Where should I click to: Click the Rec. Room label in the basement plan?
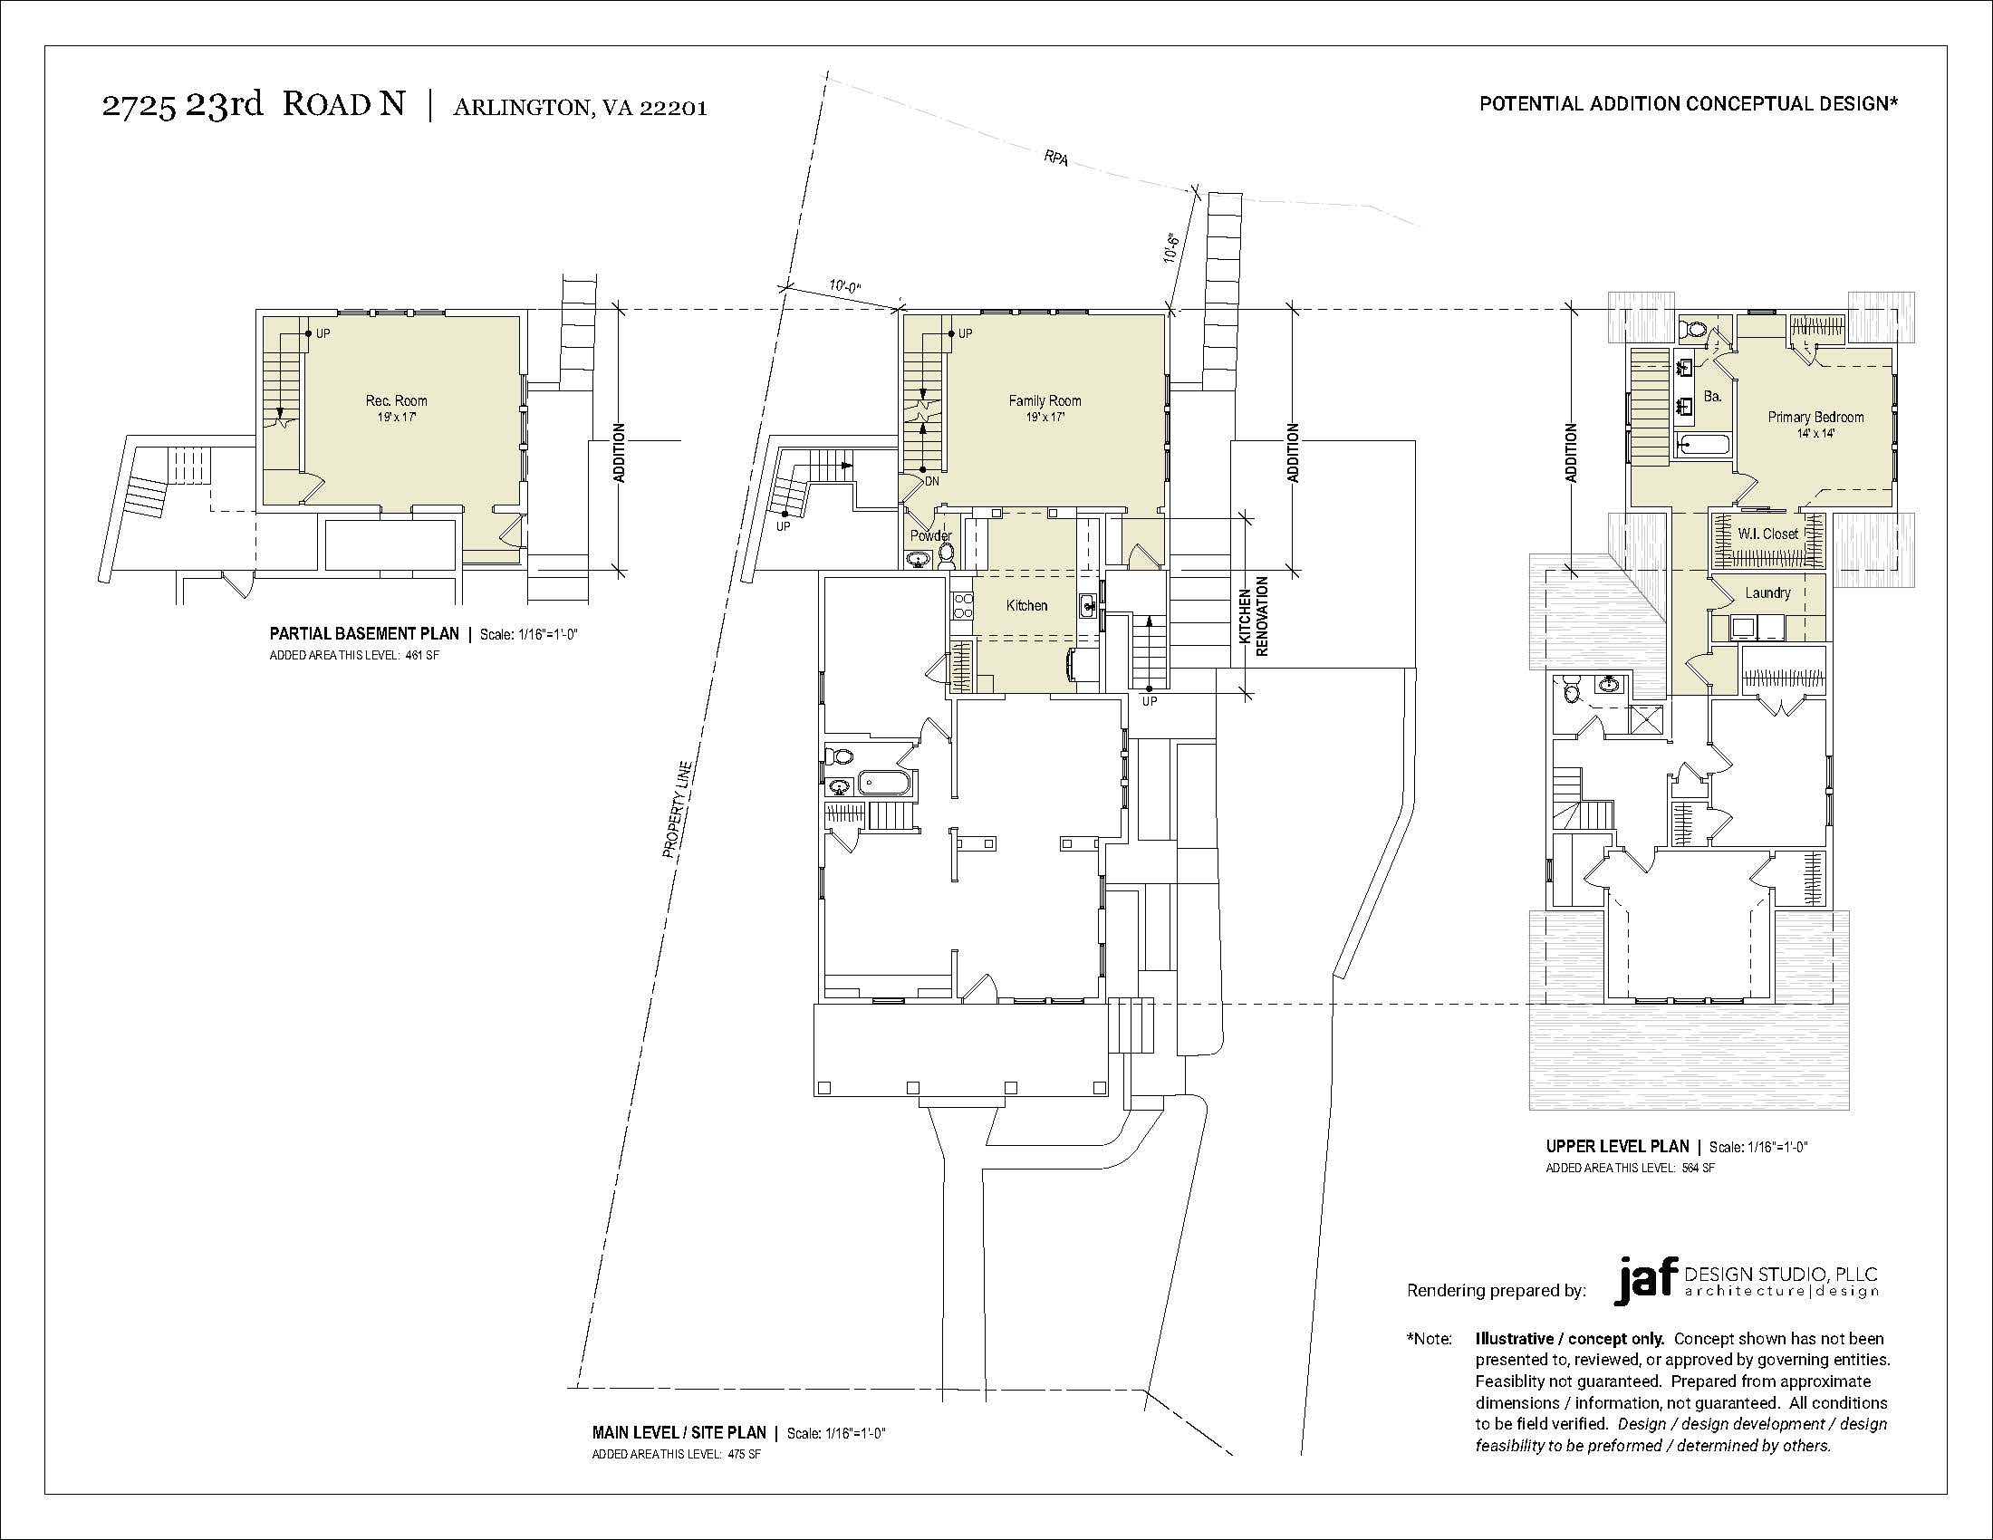(396, 400)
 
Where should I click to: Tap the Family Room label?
(1045, 400)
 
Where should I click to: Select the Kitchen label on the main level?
(1026, 606)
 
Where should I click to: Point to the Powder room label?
(930, 535)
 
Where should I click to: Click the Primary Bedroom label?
(1816, 417)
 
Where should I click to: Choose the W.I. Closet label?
(1767, 534)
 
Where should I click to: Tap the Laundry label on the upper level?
(1767, 593)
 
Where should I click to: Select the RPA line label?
(1055, 158)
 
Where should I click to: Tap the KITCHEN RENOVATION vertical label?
(1256, 617)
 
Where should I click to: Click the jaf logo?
(1643, 1282)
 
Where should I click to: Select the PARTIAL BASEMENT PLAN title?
(364, 634)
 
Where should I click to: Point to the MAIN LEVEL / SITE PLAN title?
(679, 1433)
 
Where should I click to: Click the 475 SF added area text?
(745, 1454)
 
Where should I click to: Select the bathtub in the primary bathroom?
(1703, 446)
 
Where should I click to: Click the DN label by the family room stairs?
(931, 481)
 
